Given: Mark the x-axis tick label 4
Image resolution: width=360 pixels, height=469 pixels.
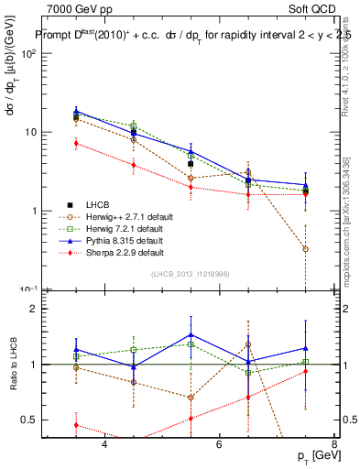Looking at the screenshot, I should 104,444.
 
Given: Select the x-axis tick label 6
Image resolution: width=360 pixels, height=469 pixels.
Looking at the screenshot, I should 219,444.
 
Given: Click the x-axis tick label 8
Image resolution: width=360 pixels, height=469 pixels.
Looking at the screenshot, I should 333,444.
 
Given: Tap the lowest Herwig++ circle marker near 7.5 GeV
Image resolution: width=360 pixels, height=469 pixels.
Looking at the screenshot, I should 305,249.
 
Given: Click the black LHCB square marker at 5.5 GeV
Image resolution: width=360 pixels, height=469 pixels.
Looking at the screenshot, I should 191,165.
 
